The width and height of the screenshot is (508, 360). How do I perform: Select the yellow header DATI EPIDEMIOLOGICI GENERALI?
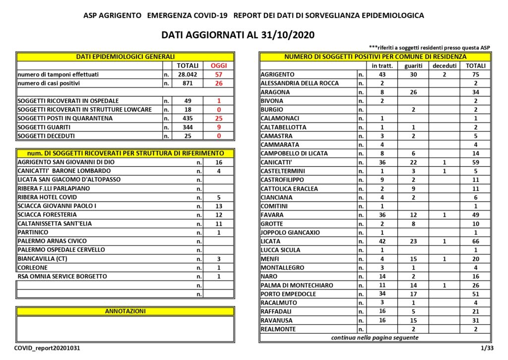125,57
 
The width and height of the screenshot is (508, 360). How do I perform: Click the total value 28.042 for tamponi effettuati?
188,74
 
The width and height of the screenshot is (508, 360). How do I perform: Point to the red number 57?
218,74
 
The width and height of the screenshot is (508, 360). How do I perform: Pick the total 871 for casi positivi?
188,83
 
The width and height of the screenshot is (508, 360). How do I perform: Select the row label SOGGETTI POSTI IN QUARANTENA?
65,119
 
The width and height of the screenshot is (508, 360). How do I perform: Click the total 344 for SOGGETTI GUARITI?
188,127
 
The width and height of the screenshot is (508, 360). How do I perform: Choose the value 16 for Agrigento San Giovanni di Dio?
218,162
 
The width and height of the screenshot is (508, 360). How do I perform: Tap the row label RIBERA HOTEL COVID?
47,197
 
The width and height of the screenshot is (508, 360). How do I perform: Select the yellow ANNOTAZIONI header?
125,311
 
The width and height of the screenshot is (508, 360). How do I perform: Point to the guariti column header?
413,66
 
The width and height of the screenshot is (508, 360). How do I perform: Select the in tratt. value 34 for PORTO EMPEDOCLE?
381,294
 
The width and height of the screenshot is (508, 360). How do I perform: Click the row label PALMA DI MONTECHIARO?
297,285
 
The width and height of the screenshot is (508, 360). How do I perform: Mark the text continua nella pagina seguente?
375,338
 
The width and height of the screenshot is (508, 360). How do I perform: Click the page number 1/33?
486,349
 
